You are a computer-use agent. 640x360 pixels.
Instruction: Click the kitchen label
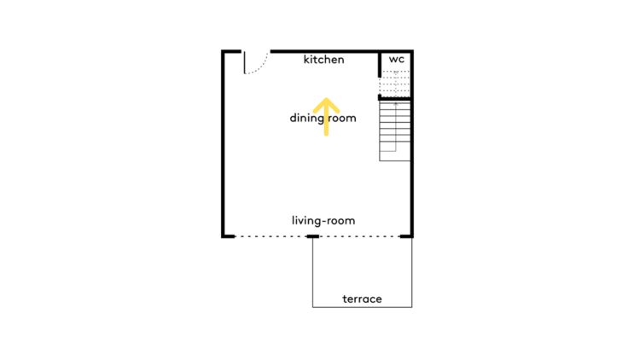tap(323, 60)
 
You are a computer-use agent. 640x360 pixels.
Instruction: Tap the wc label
tap(396, 60)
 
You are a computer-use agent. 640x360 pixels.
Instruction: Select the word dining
tap(306, 119)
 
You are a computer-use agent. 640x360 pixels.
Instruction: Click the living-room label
tap(323, 221)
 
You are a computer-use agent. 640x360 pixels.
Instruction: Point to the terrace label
tap(362, 299)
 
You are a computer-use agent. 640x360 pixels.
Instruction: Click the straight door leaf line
tap(245, 62)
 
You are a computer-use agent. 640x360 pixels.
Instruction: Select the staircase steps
tap(395, 131)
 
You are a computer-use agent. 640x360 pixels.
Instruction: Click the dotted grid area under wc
tap(395, 84)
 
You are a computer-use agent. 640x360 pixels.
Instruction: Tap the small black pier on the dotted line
tap(312, 236)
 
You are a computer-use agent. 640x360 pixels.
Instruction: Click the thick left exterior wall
tap(223, 143)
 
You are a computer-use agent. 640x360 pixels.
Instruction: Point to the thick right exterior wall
tap(412, 143)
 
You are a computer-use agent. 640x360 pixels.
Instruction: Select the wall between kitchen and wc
tap(380, 64)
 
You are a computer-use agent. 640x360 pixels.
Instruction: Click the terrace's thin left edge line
tap(312, 273)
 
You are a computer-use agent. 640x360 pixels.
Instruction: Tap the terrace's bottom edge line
tap(363, 307)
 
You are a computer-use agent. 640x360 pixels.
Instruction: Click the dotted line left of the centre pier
tap(271, 236)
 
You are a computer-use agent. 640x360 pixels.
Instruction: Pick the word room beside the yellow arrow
tap(342, 119)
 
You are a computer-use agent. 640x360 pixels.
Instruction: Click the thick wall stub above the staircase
tap(394, 98)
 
